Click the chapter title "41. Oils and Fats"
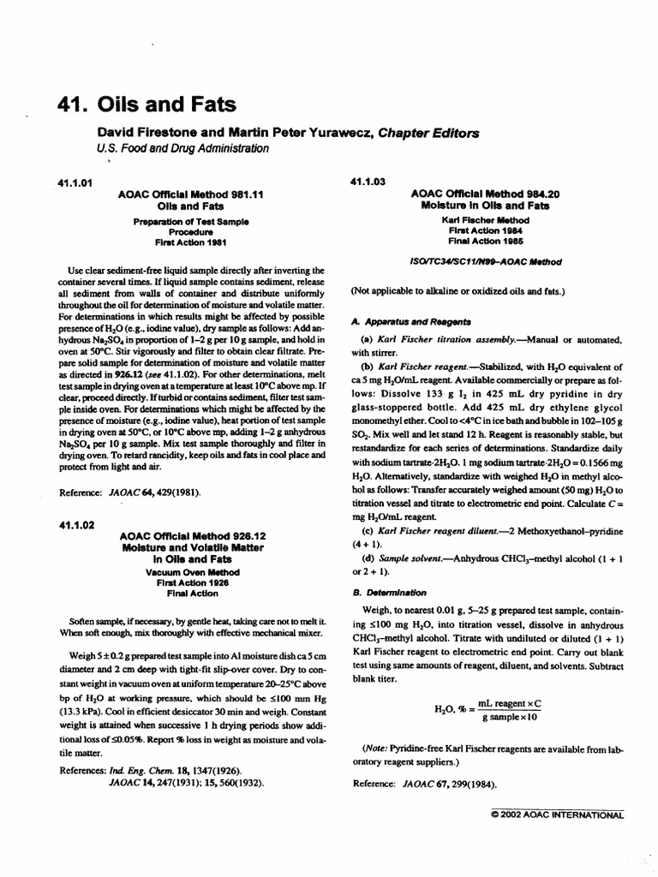145,106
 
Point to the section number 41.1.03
370,182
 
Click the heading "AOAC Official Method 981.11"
191,194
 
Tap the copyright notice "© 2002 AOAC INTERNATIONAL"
557,815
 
